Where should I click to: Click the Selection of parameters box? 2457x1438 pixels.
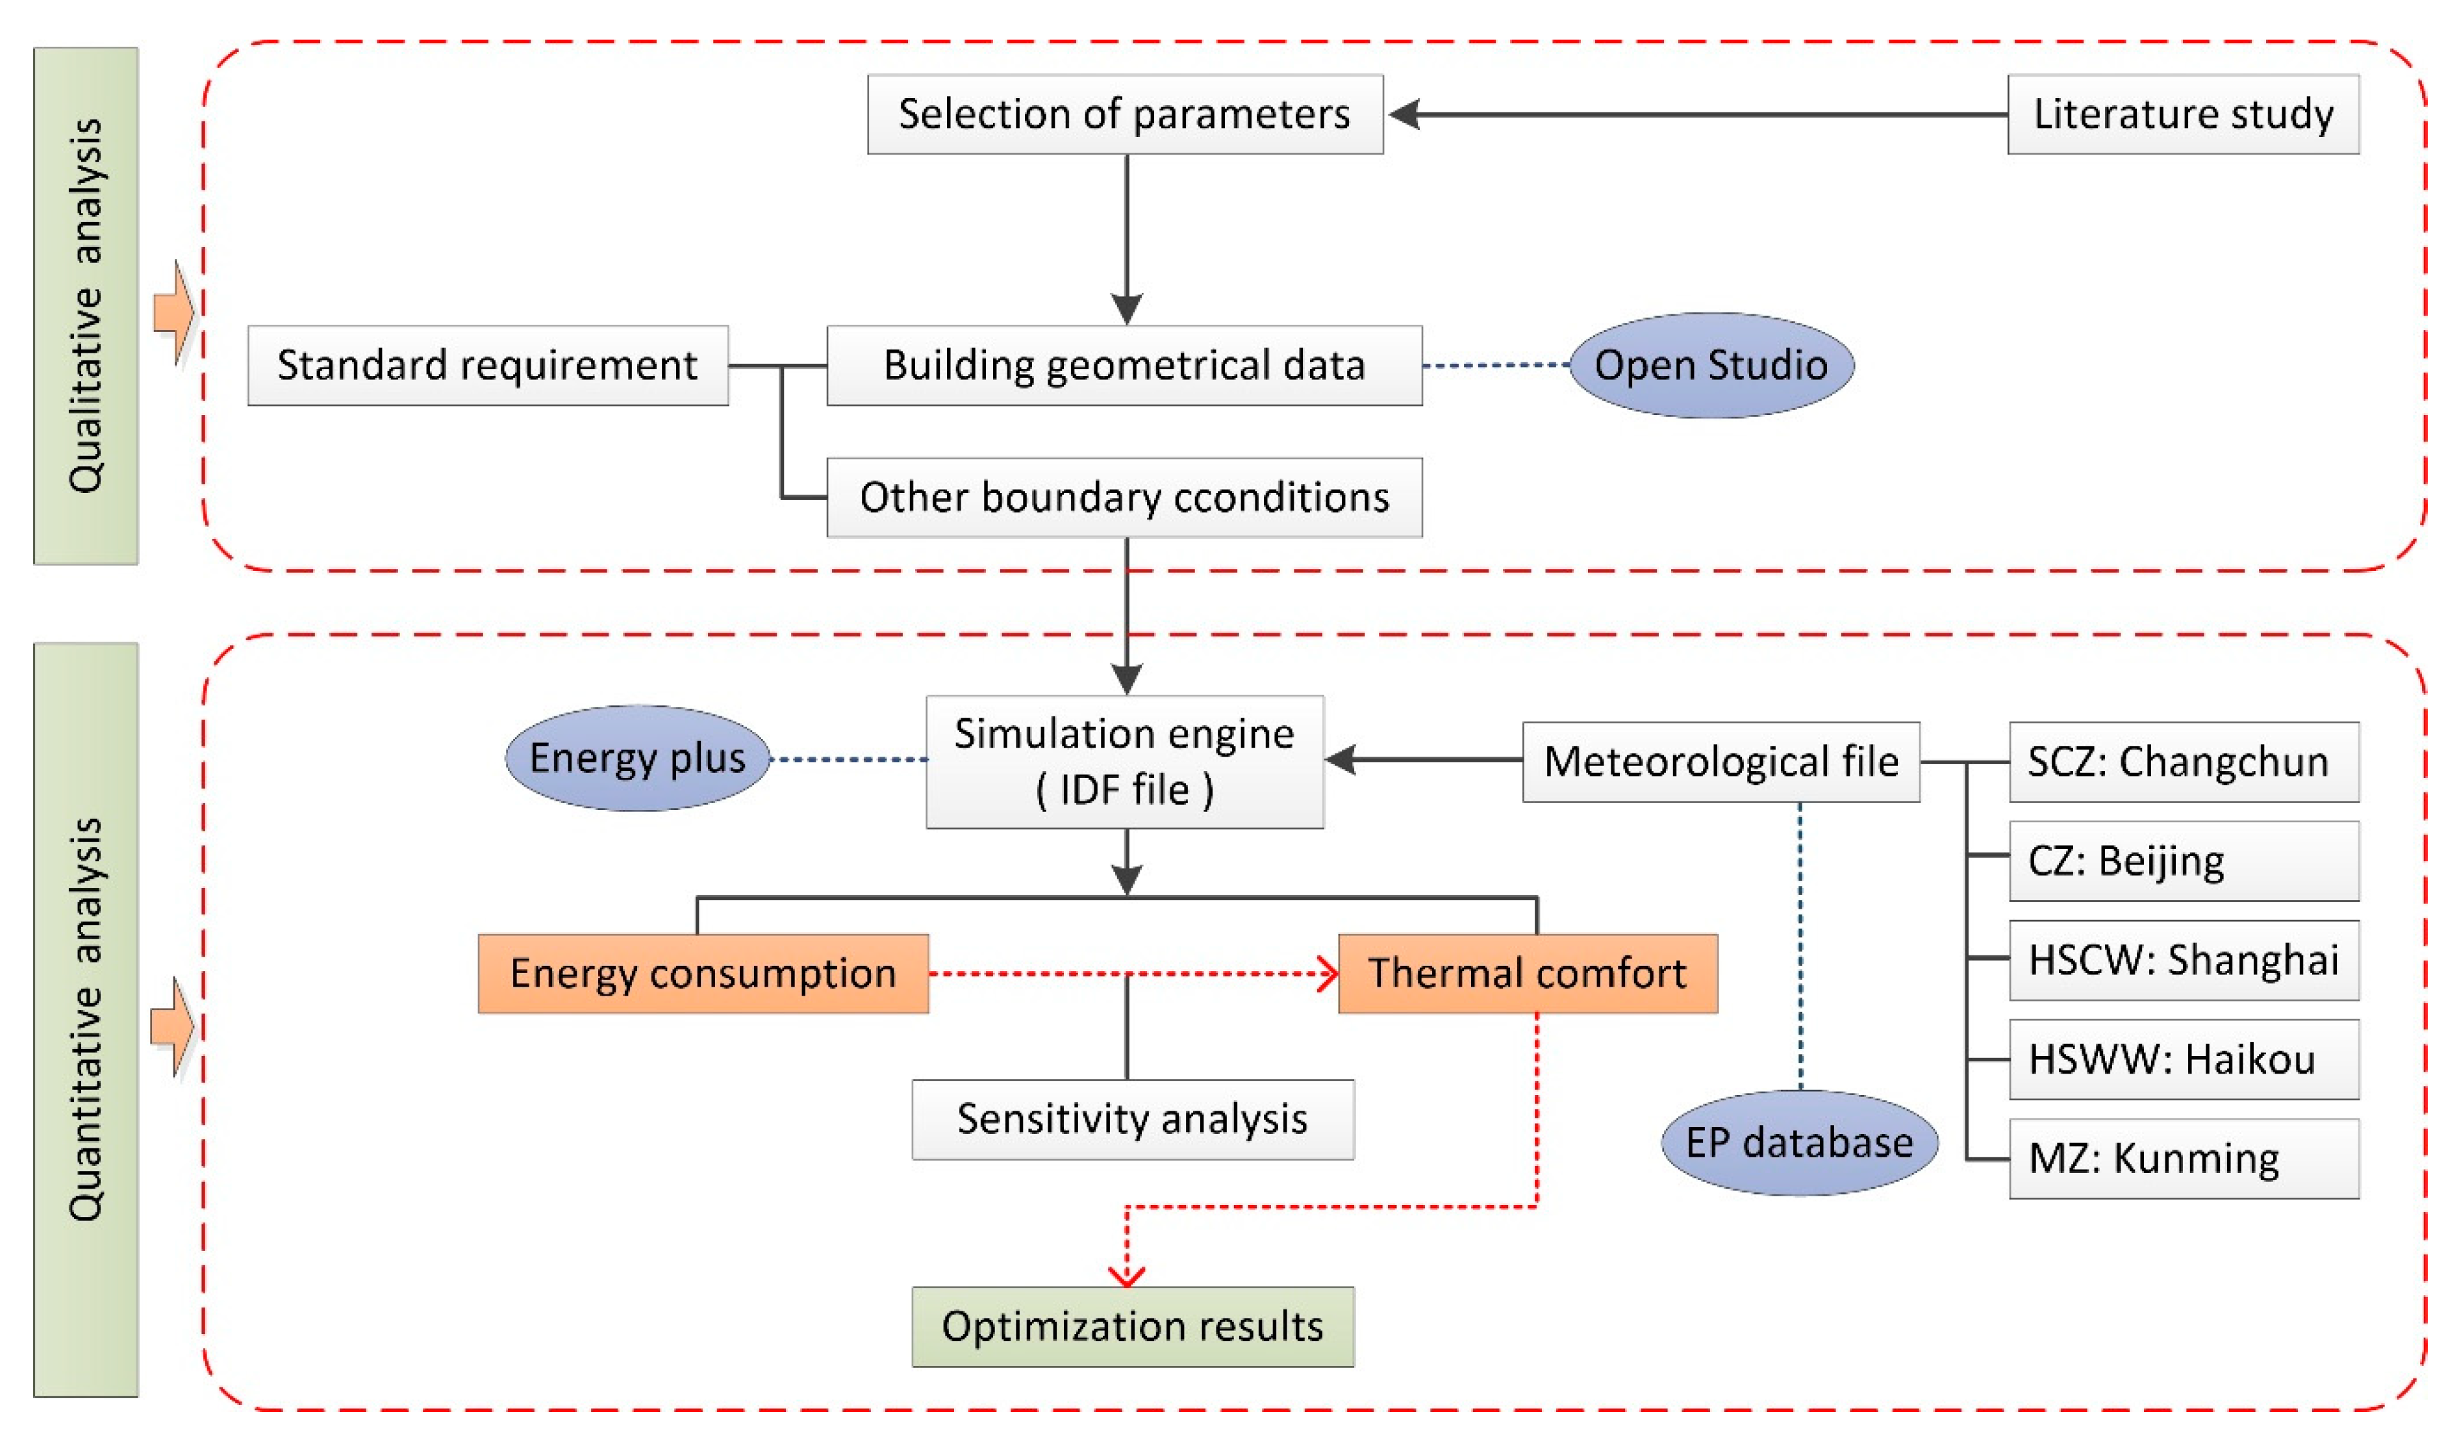pos(1124,114)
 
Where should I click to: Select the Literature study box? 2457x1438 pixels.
pos(2182,114)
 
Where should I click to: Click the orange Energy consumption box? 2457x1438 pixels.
pos(702,973)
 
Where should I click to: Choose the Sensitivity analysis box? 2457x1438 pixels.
pos(1132,1118)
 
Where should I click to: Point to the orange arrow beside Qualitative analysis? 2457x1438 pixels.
pos(173,313)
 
